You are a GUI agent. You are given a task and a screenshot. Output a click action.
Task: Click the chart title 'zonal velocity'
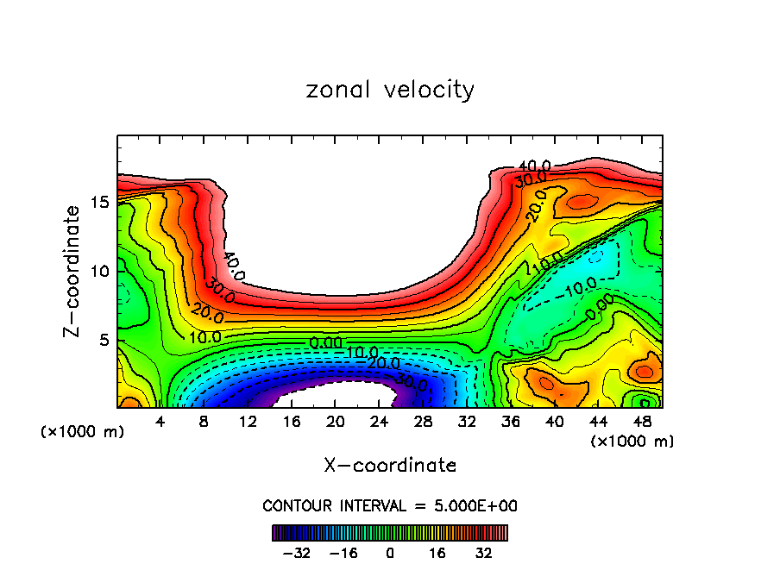[x=390, y=90]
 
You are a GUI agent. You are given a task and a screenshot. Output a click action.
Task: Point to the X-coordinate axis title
[x=390, y=466]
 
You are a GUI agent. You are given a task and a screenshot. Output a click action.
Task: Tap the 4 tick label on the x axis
[x=160, y=421]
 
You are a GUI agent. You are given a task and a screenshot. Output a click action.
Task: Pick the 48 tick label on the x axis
[x=642, y=421]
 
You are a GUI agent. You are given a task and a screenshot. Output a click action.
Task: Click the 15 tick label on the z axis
[x=99, y=203]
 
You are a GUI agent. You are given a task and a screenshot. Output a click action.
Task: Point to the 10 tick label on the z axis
[x=99, y=272]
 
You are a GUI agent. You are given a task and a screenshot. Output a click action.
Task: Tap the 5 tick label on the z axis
[x=104, y=341]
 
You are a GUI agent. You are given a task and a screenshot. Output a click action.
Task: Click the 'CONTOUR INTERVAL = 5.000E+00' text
[x=390, y=505]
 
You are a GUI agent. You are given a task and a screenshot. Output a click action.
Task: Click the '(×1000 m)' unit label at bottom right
[x=632, y=442]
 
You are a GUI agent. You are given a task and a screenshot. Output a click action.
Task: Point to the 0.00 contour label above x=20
[x=325, y=343]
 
